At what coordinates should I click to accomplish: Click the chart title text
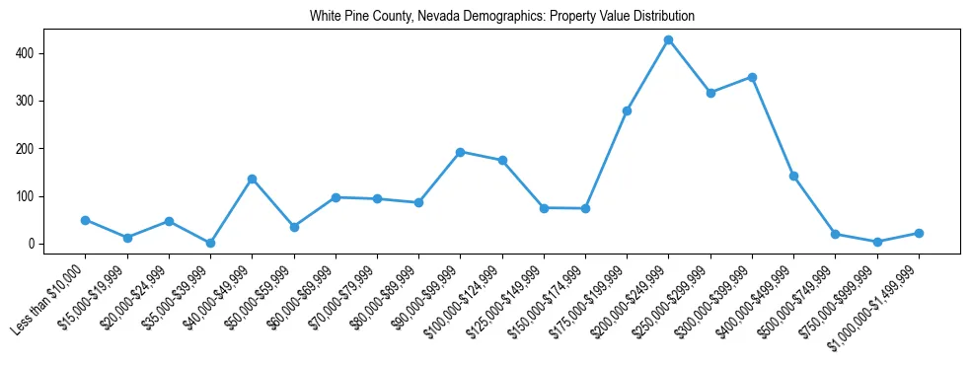click(501, 16)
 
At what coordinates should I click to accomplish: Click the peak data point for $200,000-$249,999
click(668, 39)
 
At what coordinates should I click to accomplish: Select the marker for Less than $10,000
click(86, 220)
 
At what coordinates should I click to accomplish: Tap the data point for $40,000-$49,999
click(252, 179)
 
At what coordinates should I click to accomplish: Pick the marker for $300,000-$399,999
click(752, 77)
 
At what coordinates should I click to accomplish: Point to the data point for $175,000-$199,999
click(627, 110)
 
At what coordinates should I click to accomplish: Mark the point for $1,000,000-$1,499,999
click(919, 233)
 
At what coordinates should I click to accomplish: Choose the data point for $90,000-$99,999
click(460, 152)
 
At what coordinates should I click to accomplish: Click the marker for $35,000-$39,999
click(210, 243)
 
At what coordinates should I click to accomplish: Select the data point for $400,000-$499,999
click(793, 176)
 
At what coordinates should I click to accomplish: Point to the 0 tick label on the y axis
click(33, 244)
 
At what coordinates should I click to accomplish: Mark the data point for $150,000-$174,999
click(585, 208)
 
